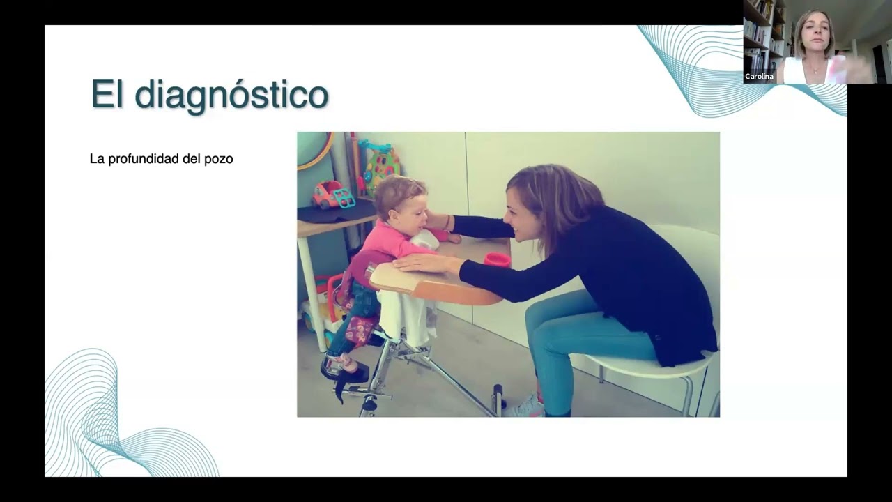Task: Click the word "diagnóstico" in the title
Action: [x=231, y=96]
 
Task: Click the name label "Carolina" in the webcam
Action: [x=759, y=77]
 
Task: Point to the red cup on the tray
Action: [x=497, y=259]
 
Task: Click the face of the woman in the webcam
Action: [x=814, y=35]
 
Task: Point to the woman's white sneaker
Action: [x=525, y=406]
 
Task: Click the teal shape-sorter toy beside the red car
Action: [x=344, y=198]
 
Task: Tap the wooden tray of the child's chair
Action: [x=436, y=282]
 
